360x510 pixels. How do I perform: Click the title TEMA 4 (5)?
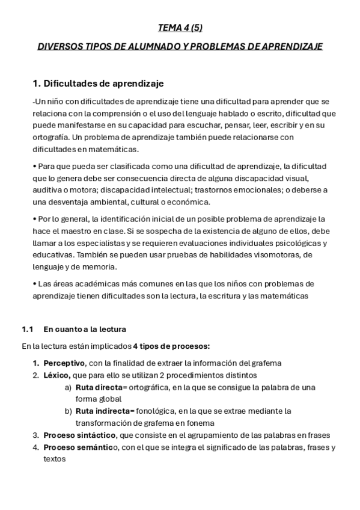coord(179,28)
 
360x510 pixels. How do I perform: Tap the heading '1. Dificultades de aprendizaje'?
coord(97,83)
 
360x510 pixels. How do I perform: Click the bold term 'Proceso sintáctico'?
coord(81,435)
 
